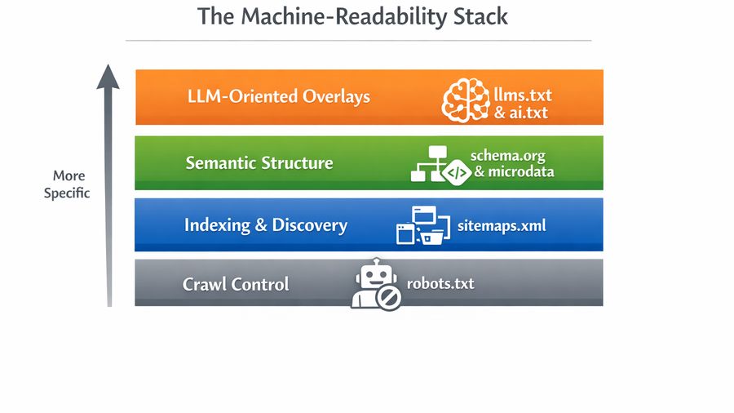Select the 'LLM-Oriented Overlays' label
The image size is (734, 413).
click(x=278, y=96)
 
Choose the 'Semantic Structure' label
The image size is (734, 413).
click(x=259, y=162)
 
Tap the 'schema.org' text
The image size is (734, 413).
click(x=506, y=155)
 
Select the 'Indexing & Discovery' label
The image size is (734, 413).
click(x=265, y=225)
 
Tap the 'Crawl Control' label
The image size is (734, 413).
click(x=236, y=285)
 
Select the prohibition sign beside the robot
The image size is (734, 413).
click(x=390, y=299)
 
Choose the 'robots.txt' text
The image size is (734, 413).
click(x=440, y=284)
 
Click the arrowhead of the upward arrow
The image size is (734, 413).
click(x=108, y=77)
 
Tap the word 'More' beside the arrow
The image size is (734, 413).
click(x=69, y=175)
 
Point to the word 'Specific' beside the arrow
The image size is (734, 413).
click(x=67, y=193)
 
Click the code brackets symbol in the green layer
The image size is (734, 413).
click(x=455, y=172)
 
